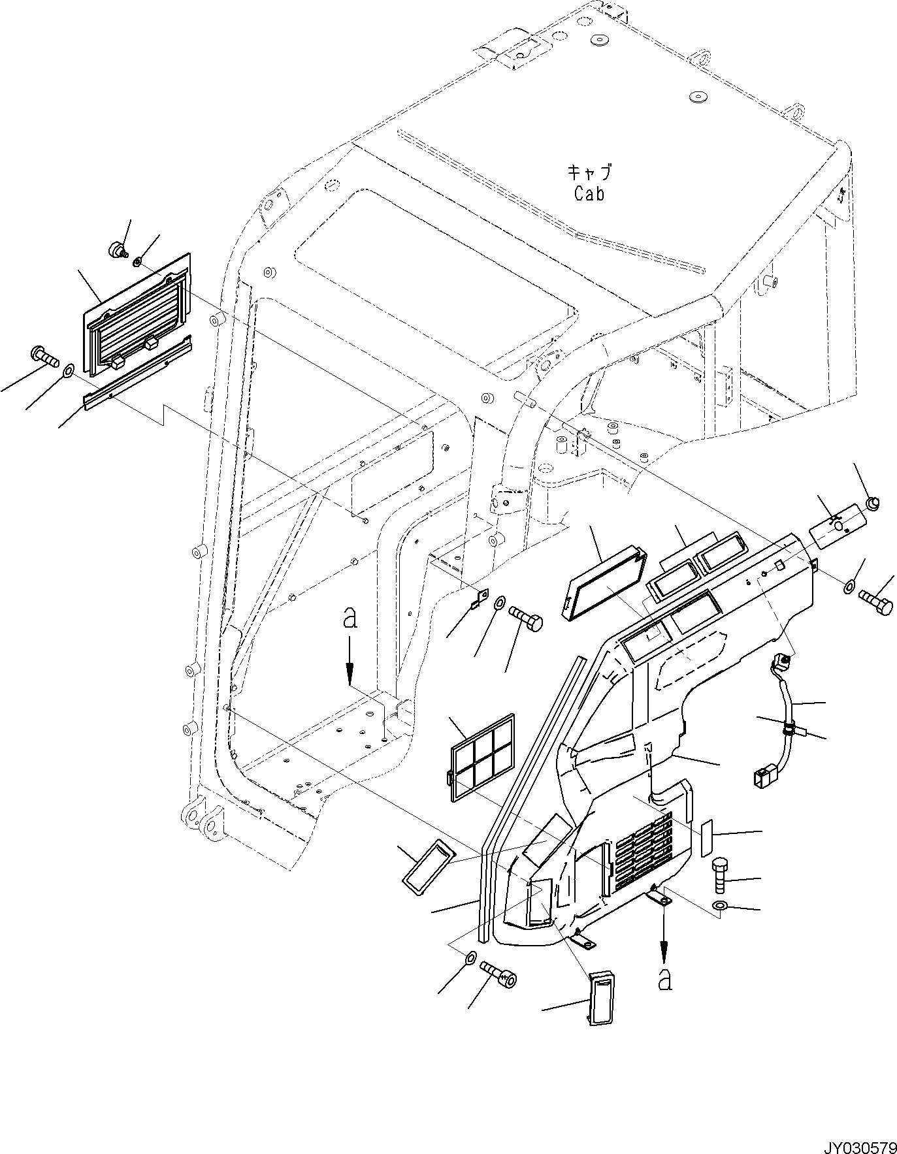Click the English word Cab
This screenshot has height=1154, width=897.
coord(589,194)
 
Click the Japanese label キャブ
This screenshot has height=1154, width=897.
coord(589,173)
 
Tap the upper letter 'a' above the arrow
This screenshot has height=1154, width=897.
coord(351,618)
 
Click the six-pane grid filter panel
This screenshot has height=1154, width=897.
coord(482,757)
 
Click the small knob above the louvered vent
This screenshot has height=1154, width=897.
coord(116,249)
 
